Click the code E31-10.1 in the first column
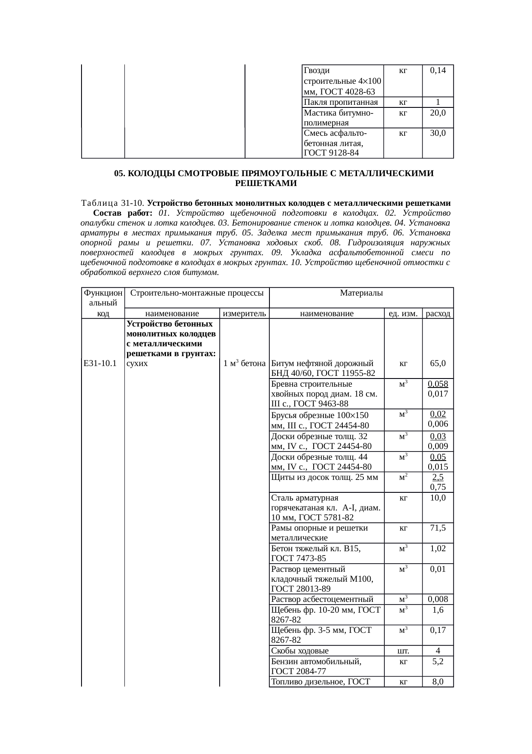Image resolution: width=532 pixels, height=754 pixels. pyautogui.click(x=100, y=363)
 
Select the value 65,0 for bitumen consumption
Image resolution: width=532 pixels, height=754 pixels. pyautogui.click(x=438, y=363)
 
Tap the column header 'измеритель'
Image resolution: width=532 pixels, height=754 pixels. pyautogui.click(x=245, y=314)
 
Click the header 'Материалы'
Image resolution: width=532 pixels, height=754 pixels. pyautogui.click(x=361, y=293)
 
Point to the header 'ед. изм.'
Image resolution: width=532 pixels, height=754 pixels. pyautogui.click(x=403, y=314)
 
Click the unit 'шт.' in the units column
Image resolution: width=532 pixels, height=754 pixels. pyautogui.click(x=403, y=651)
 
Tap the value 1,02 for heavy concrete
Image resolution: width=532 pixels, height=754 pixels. pyautogui.click(x=438, y=549)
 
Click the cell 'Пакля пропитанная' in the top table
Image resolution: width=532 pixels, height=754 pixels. pyautogui.click(x=340, y=102)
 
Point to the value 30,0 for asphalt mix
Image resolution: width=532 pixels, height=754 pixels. pyautogui.click(x=438, y=133)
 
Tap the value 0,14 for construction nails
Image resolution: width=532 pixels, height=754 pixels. pyautogui.click(x=438, y=70)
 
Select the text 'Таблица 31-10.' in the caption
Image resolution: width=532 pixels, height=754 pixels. pyautogui.click(x=113, y=203)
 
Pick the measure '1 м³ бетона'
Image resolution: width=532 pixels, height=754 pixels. pyautogui.click(x=244, y=363)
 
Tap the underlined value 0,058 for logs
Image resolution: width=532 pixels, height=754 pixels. pyautogui.click(x=438, y=384)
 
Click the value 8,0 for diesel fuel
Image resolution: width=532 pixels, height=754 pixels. pyautogui.click(x=438, y=681)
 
